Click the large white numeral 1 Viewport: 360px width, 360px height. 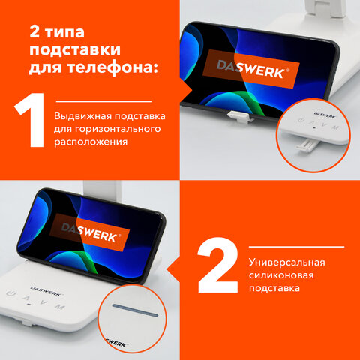pyautogui.click(x=31, y=120)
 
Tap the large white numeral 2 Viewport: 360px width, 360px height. pyautogui.click(x=218, y=265)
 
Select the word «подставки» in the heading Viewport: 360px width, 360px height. pyautogui.click(x=75, y=51)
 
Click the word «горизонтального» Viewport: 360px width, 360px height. pyautogui.click(x=118, y=129)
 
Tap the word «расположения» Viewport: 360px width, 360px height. pyautogui.click(x=91, y=142)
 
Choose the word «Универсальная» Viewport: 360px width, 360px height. pyautogui.click(x=287, y=262)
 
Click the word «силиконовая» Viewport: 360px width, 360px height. pyautogui.click(x=281, y=275)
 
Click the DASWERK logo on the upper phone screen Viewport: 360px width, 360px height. pyautogui.click(x=251, y=69)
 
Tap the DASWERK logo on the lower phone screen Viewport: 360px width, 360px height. pyautogui.click(x=89, y=232)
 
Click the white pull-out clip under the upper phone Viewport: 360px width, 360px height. pyautogui.click(x=238, y=116)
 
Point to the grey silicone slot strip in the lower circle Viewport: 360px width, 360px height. pyautogui.click(x=135, y=310)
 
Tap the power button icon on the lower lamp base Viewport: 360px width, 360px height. pyautogui.click(x=10, y=293)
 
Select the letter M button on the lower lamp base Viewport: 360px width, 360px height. pyautogui.click(x=60, y=306)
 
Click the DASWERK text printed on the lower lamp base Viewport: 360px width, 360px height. pyautogui.click(x=46, y=291)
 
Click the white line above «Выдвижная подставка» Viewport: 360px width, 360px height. pyautogui.click(x=104, y=101)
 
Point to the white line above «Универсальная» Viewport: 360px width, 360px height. pyautogui.click(x=296, y=247)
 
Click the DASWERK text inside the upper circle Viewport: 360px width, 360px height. pyautogui.click(x=325, y=115)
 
